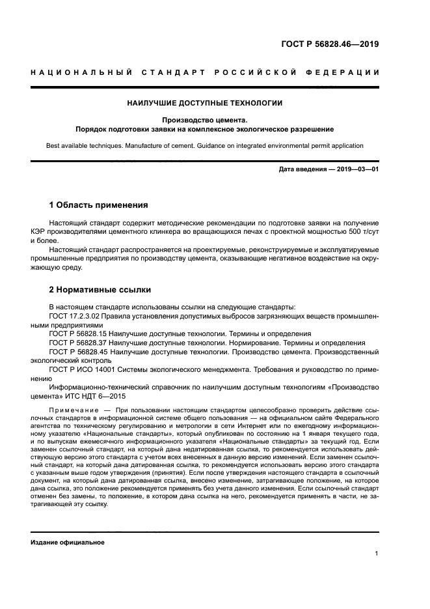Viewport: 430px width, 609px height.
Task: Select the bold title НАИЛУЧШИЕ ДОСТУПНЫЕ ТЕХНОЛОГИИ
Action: coord(204,103)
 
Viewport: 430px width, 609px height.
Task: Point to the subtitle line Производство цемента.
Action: coord(204,119)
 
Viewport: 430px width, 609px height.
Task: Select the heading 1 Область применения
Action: coord(98,205)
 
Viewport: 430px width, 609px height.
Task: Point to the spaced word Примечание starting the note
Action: coord(72,409)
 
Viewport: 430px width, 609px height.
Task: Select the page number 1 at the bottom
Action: coord(377,554)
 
